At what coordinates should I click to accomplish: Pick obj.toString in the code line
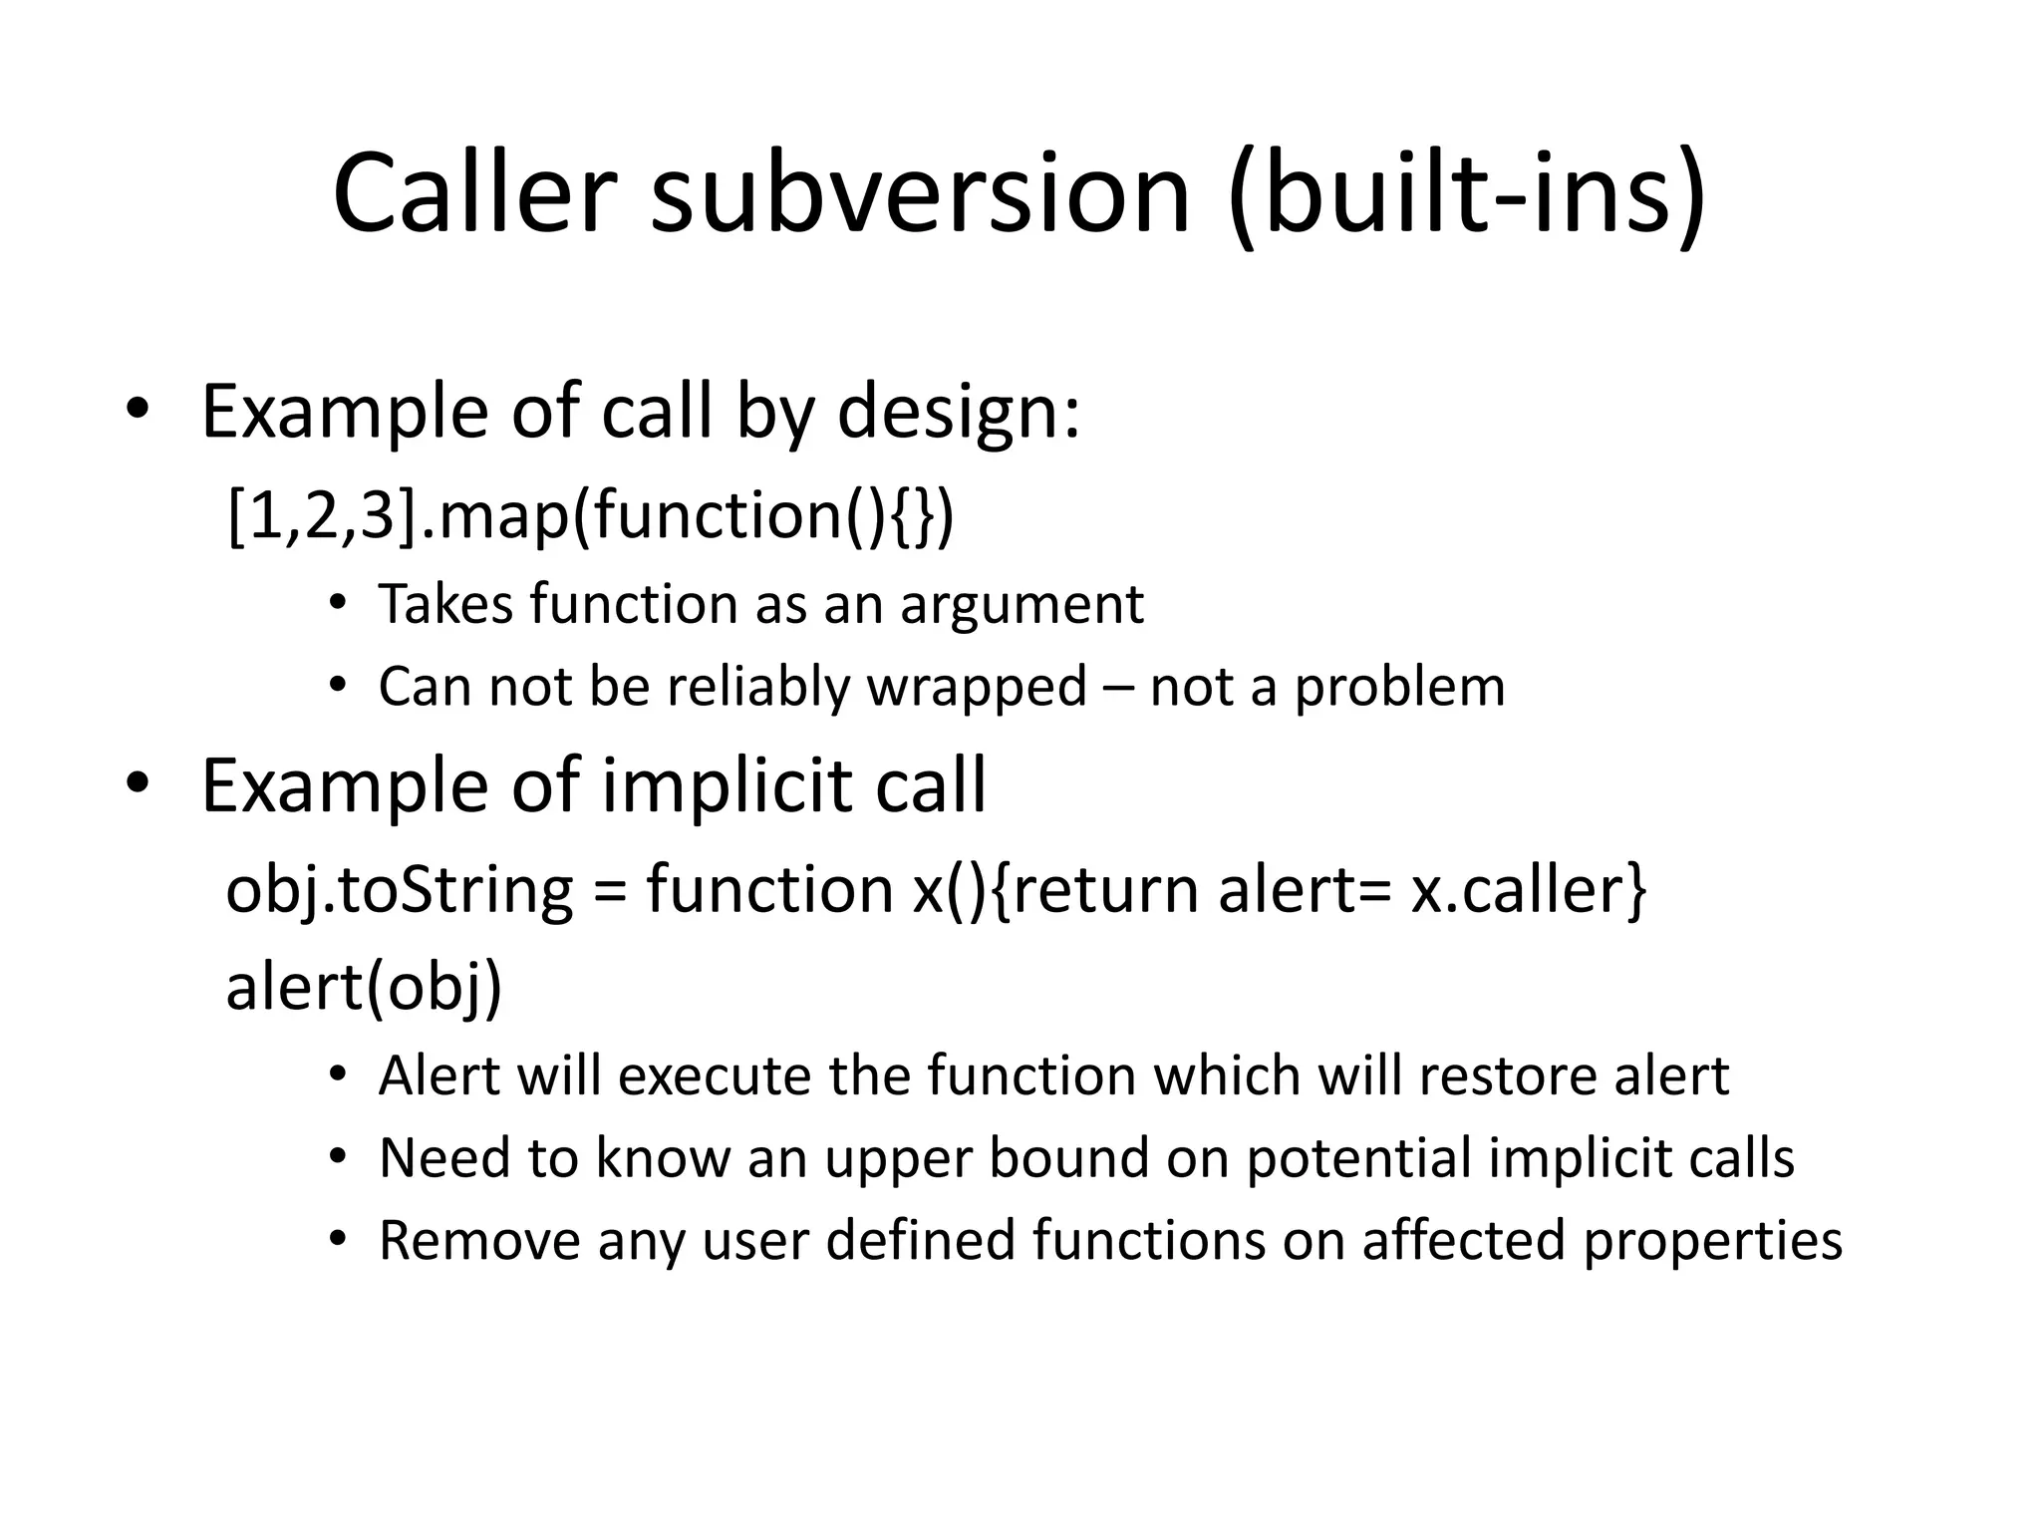point(400,890)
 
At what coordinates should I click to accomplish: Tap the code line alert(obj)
point(364,988)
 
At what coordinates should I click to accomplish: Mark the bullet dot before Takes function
point(338,605)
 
